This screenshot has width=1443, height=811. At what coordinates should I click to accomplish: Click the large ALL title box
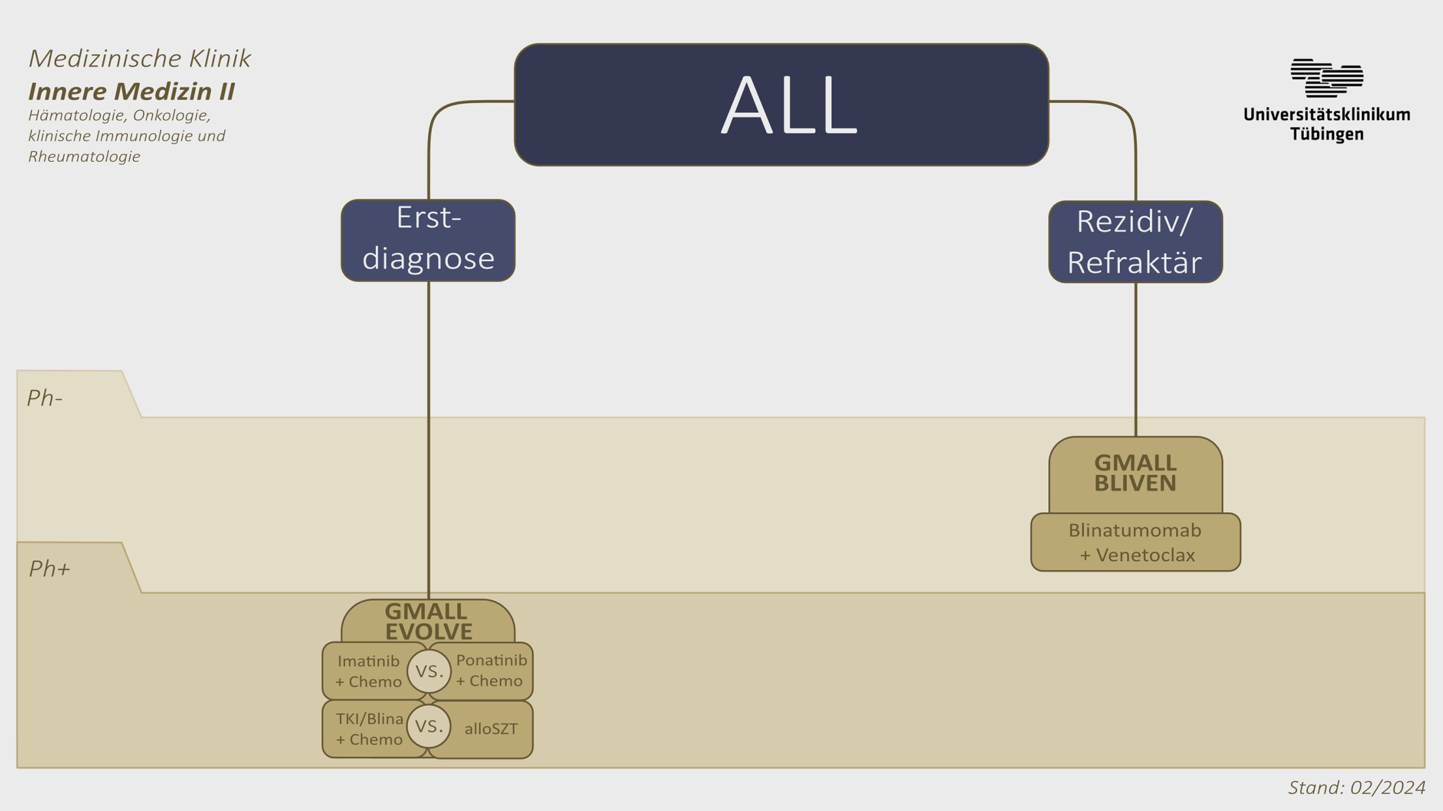[781, 104]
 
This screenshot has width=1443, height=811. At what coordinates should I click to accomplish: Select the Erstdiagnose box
[428, 240]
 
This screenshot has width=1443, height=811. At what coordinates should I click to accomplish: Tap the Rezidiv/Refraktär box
[1135, 242]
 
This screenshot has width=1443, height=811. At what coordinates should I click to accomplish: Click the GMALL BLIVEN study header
[1135, 473]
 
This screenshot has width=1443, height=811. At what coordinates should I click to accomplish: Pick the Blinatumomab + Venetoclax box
[1135, 542]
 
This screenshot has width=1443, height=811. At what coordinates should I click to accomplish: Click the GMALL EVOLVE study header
[428, 620]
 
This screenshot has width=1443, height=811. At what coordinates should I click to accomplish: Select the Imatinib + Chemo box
[368, 671]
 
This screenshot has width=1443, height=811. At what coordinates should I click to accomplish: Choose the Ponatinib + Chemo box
[491, 671]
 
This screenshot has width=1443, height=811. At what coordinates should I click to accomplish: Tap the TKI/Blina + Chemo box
[369, 729]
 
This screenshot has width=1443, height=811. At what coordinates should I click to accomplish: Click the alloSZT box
[491, 729]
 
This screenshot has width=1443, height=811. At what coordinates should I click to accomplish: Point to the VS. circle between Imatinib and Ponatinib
[429, 671]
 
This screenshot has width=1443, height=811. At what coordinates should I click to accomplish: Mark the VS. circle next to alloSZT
[429, 727]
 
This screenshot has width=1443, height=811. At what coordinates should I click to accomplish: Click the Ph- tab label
[45, 398]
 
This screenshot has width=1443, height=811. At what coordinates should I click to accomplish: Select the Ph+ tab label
[49, 569]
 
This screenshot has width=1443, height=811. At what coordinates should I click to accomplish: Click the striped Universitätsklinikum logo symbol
[1327, 78]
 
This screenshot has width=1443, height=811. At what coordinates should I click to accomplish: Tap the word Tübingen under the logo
[1327, 134]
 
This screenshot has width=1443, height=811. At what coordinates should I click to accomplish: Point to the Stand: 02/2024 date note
[1356, 788]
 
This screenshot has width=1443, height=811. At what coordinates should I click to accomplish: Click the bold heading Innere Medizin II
[132, 91]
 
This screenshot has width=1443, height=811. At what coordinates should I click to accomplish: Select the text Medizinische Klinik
[140, 59]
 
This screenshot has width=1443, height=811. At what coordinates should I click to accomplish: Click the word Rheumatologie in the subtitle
[84, 157]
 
